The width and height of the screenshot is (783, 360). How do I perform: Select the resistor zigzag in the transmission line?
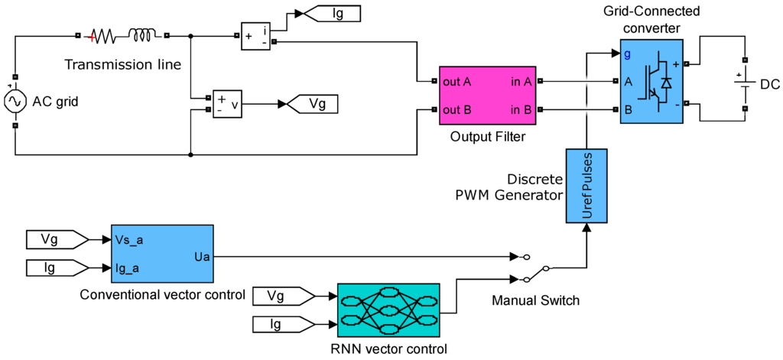click(x=102, y=36)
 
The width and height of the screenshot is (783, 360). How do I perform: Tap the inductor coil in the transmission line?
click(x=142, y=34)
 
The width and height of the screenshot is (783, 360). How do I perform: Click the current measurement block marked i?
click(x=255, y=36)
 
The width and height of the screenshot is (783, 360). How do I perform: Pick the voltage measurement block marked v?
click(x=227, y=103)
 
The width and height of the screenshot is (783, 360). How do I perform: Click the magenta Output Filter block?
click(x=487, y=95)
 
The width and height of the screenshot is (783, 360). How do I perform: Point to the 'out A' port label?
click(x=457, y=81)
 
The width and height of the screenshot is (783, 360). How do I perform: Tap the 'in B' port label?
click(x=519, y=109)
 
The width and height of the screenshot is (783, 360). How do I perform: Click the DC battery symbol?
click(x=745, y=84)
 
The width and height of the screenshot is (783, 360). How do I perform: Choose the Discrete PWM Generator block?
click(x=586, y=185)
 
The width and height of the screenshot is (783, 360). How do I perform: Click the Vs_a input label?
click(x=128, y=240)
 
